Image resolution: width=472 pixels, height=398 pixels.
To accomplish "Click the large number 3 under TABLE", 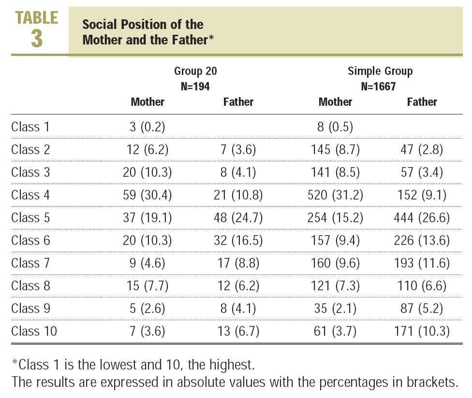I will [x=37, y=39].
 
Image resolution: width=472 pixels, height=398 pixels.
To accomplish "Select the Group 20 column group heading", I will [x=195, y=71].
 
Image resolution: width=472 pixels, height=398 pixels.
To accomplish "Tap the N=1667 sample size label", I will [x=380, y=86].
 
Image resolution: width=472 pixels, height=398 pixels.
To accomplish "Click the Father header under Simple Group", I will [x=422, y=102].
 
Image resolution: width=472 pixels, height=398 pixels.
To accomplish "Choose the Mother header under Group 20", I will [x=147, y=102].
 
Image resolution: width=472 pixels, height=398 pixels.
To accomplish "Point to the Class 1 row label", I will [x=31, y=127].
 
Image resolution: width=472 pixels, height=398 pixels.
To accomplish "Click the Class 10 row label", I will [x=34, y=331].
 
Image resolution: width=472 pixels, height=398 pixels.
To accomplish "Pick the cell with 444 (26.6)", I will [x=422, y=218].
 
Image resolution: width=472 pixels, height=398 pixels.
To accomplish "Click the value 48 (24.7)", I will [x=238, y=218].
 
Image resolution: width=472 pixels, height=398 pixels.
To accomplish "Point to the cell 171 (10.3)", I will [x=422, y=331].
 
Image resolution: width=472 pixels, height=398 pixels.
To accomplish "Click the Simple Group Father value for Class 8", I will [x=422, y=286].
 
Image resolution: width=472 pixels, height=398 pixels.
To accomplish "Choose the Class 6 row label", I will [x=31, y=241].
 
